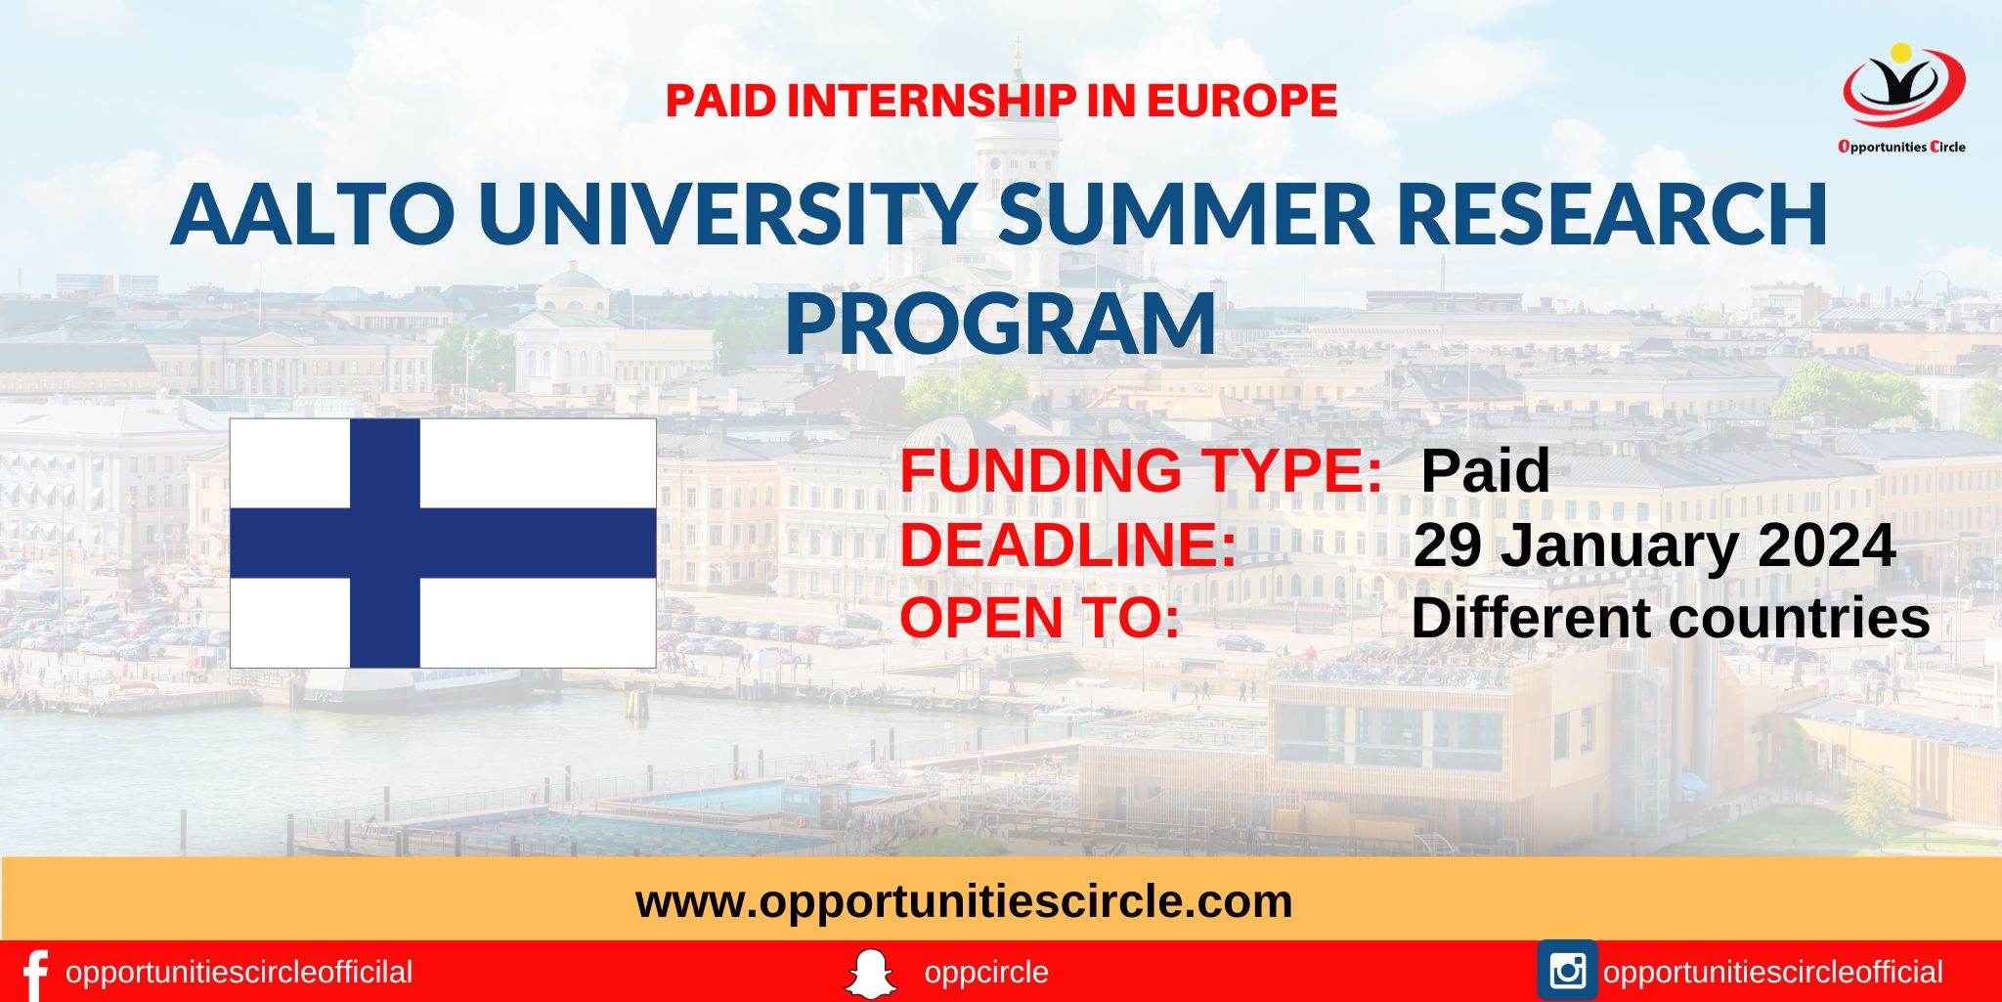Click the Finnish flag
coord(443,543)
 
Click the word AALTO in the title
coord(314,213)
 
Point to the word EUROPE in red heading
coord(1241,101)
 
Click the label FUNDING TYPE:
coord(1141,470)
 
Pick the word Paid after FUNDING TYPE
coord(1485,470)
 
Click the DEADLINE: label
coord(1068,545)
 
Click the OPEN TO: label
coord(1040,618)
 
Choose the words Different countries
coord(1670,618)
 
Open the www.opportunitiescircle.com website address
coord(964,900)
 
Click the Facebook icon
coord(34,974)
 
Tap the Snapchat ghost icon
coord(870,974)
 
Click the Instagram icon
coord(1567,972)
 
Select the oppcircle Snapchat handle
coord(985,973)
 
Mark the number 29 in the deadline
coord(1448,545)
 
